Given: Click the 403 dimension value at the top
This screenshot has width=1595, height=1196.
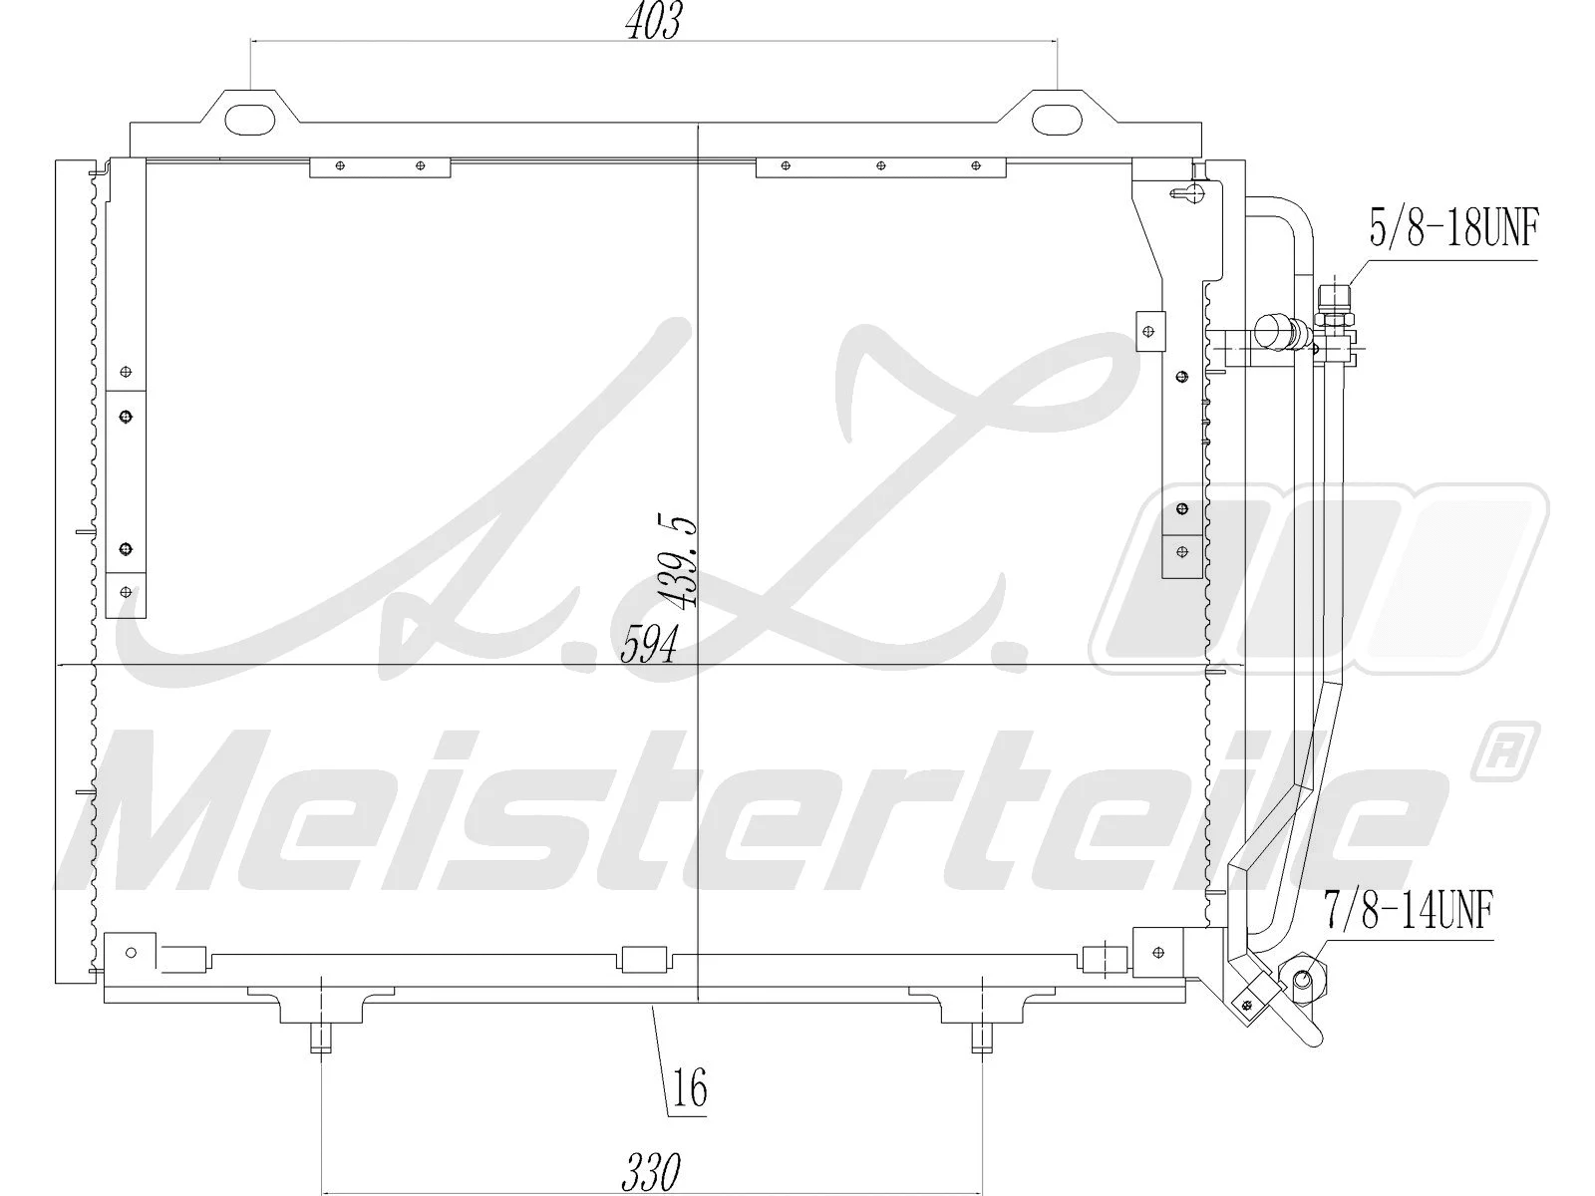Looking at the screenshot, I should [653, 22].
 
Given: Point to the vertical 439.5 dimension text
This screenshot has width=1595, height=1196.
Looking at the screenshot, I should [679, 563].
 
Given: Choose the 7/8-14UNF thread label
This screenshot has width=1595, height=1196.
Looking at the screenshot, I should [1409, 910].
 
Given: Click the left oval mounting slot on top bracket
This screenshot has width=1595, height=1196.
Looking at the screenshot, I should [251, 119].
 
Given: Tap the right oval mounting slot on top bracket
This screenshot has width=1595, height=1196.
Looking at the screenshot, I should [1056, 119].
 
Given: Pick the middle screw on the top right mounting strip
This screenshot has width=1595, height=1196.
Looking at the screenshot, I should [880, 165].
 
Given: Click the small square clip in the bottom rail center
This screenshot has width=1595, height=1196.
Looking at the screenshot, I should [643, 960].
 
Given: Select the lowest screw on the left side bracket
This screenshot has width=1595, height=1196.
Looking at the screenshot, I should [126, 592].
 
